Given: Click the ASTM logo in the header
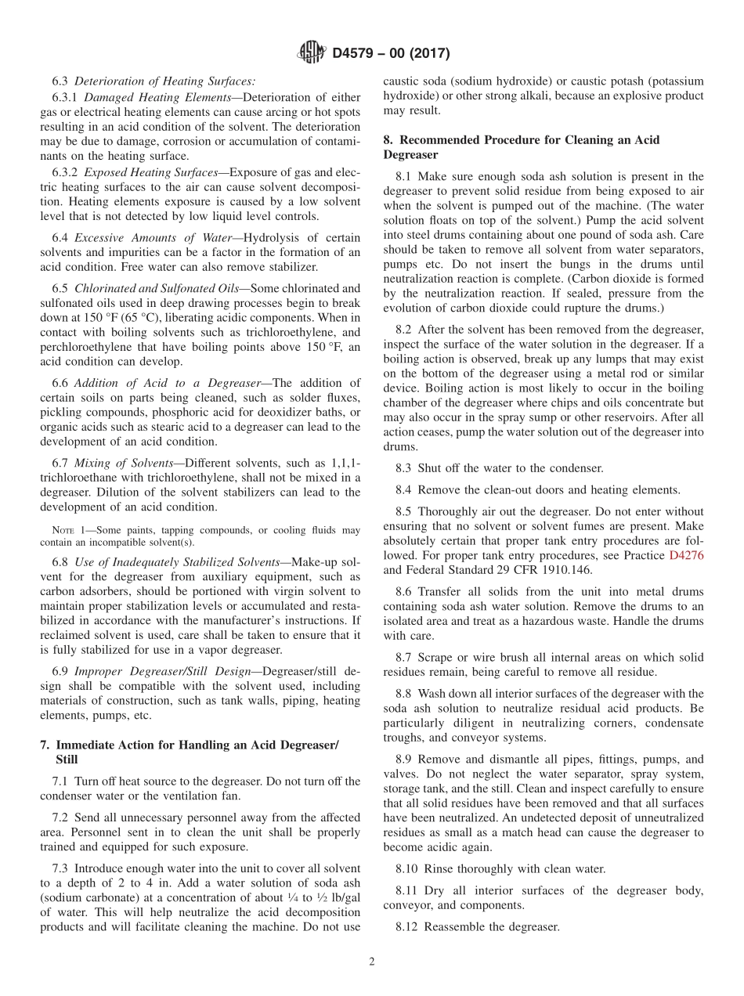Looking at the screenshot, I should (x=312, y=53).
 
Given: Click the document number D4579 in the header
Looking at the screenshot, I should (x=356, y=54).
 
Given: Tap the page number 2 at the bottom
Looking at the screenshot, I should (x=372, y=962).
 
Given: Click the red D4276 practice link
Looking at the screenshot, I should (x=686, y=555).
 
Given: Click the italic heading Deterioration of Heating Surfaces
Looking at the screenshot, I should (x=164, y=81).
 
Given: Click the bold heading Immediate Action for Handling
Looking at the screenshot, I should (x=197, y=745).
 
